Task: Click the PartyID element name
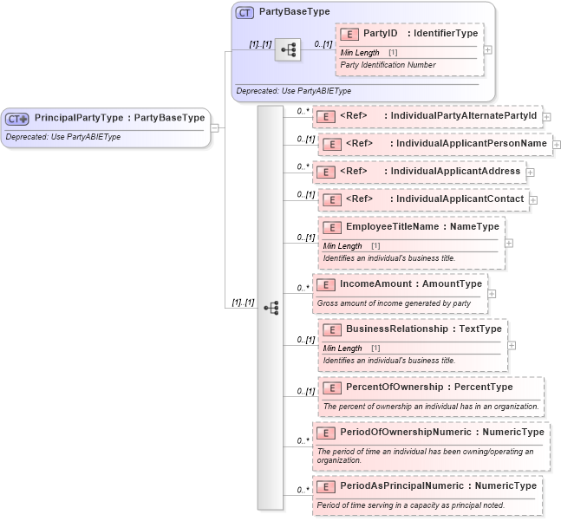[380, 34]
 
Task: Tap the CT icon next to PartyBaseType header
[245, 13]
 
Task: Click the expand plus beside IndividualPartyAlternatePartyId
[547, 116]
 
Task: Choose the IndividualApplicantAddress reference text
[454, 172]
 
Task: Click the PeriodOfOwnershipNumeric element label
[441, 432]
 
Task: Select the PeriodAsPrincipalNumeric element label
[438, 485]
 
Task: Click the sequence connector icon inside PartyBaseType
[287, 50]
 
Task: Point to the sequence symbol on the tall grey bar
[271, 308]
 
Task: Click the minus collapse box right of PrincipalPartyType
[214, 127]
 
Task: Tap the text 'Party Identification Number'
[388, 65]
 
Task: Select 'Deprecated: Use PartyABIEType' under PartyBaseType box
[292, 90]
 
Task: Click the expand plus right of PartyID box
[488, 49]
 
